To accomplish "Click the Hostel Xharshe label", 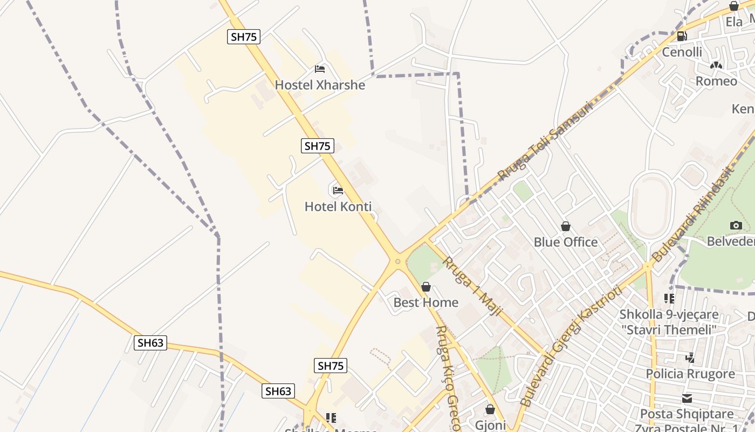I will tap(320, 85).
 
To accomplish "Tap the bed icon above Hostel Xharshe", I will tap(320, 69).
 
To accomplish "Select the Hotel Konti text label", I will tap(338, 206).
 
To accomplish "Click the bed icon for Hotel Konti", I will tap(338, 190).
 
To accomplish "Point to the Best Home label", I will tap(426, 302).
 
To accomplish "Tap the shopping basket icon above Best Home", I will tap(426, 287).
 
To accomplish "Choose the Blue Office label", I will tap(566, 242).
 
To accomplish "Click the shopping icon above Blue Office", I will tap(566, 226).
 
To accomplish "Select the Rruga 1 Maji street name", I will tap(472, 286).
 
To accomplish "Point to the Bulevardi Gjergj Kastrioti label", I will tap(572, 346).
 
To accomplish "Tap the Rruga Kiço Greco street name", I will tap(448, 378).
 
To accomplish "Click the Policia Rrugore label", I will tap(690, 374).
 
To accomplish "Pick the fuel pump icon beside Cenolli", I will tap(682, 36).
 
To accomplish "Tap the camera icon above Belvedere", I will tap(736, 225).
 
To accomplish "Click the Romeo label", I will tap(716, 81).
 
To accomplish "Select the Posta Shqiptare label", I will tap(687, 414).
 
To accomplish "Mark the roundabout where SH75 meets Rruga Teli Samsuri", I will tap(398, 261).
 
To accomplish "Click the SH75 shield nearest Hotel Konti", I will tap(317, 146).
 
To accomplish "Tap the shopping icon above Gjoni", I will tap(490, 410).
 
